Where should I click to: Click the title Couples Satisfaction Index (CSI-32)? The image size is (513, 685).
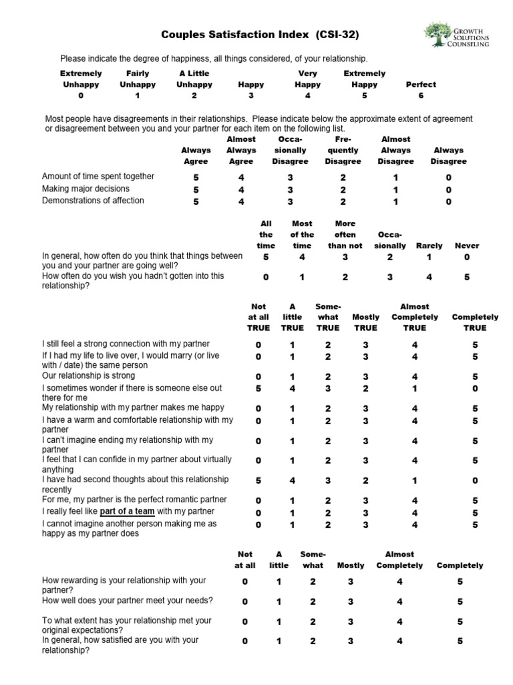coord(255,34)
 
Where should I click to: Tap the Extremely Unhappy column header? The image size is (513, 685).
coord(81,79)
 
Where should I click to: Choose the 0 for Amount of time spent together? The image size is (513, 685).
coord(448,177)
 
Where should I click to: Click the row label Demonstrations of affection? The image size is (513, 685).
coord(93,201)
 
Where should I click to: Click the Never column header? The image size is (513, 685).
coord(467,246)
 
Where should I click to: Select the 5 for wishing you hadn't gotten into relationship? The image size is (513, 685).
coord(467,277)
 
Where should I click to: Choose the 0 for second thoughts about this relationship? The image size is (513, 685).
coord(474,480)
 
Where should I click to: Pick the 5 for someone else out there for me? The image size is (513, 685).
coord(258,388)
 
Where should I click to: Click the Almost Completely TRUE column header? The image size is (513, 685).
coord(414,317)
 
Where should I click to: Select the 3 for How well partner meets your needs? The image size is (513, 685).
coord(350,601)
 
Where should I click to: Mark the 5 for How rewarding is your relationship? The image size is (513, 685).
coord(460,582)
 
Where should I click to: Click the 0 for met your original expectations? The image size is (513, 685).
coord(244,621)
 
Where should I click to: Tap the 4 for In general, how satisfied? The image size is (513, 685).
coord(399,641)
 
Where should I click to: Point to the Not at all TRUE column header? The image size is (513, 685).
coord(258,317)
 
